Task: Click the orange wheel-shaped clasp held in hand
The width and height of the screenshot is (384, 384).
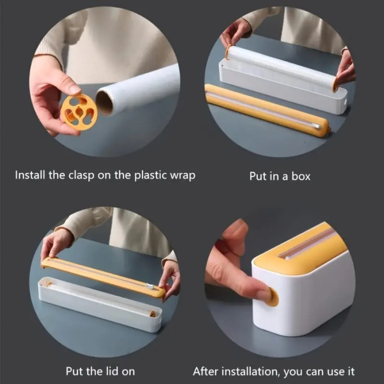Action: tap(79, 112)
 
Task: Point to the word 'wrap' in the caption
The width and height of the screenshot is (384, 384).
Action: tap(183, 177)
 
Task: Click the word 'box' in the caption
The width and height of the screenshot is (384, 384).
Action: tap(301, 176)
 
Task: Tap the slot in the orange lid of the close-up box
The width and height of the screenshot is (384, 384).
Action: tap(306, 244)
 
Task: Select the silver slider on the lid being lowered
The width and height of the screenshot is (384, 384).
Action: tap(150, 286)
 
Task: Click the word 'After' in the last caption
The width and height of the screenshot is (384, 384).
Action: tap(206, 371)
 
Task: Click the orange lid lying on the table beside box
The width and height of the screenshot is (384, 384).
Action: tap(267, 111)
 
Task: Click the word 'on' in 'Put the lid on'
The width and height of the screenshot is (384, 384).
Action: tap(128, 372)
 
